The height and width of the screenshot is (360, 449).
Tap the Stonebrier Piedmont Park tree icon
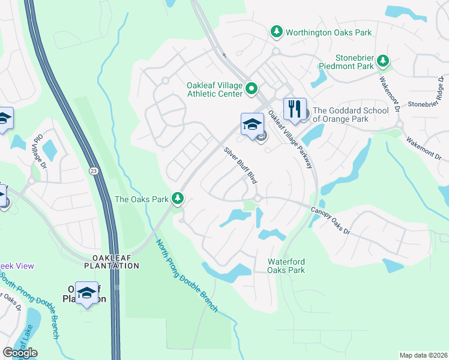click(382, 61)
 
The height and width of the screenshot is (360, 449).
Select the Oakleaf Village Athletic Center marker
click(252, 91)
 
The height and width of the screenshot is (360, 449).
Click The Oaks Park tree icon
click(177, 197)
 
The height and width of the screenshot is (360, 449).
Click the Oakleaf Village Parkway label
click(291, 140)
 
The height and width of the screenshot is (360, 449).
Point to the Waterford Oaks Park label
click(286, 266)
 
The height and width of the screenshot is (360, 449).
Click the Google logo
click(20, 353)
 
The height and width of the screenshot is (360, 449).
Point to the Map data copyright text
click(423, 355)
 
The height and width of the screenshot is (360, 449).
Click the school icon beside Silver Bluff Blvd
click(252, 124)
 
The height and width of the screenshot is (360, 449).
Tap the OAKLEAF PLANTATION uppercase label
click(112, 262)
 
